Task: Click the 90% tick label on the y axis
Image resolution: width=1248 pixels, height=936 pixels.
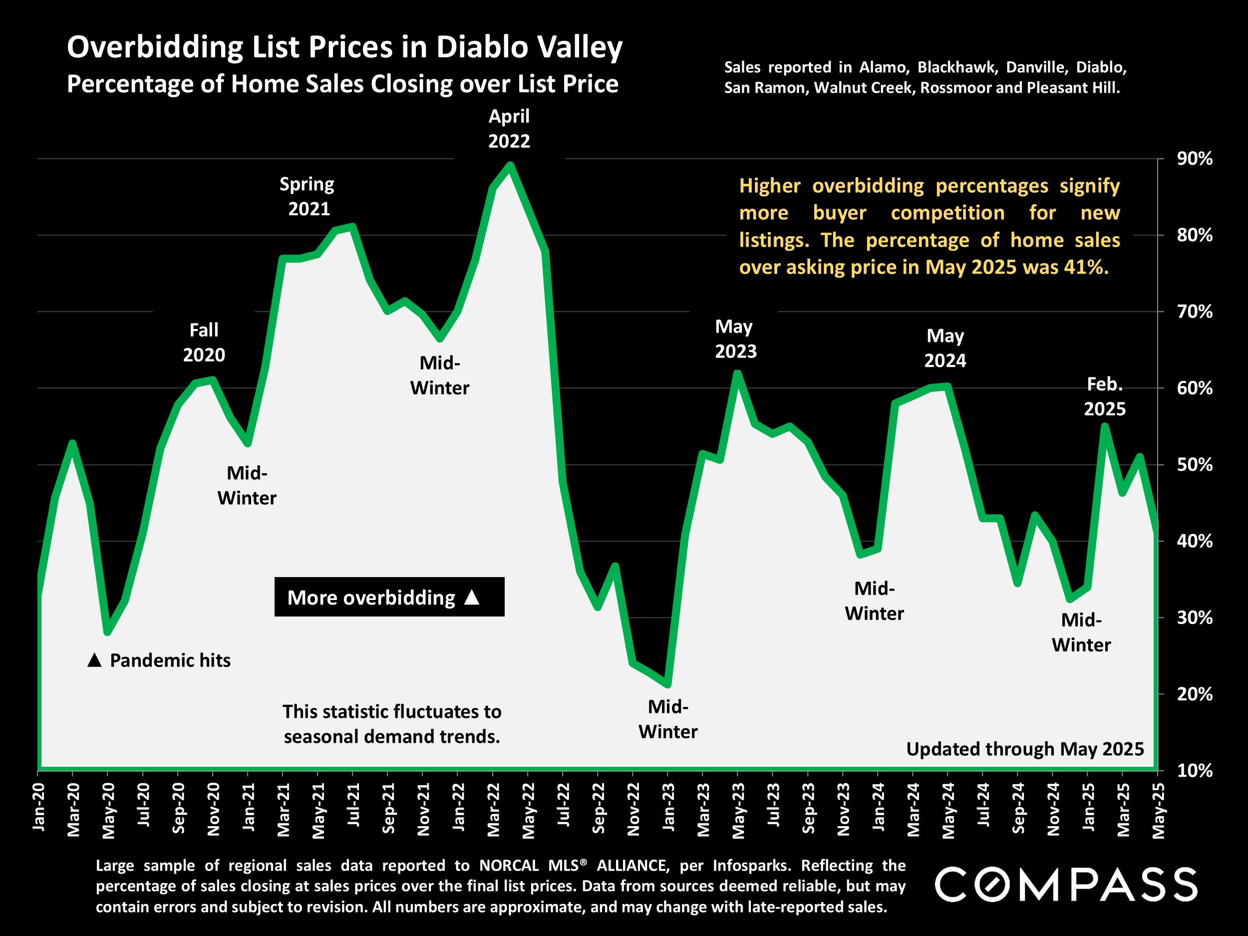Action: (x=1194, y=159)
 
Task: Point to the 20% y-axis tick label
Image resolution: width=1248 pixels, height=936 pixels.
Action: (x=1194, y=694)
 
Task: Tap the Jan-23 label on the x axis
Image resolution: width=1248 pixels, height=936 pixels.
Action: (x=668, y=807)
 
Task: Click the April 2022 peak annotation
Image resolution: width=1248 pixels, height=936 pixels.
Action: (x=509, y=129)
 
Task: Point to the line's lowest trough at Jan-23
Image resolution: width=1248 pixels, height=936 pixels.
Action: (x=668, y=684)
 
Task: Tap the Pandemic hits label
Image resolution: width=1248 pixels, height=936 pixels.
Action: (x=170, y=660)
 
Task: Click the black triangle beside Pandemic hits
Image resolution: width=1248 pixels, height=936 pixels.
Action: (x=95, y=660)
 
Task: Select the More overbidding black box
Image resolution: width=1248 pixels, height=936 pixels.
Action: (x=389, y=597)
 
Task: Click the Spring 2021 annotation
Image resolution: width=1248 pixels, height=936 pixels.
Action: (x=308, y=196)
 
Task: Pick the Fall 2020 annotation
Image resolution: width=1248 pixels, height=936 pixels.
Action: (x=204, y=342)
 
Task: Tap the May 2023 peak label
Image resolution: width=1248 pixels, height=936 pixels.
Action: (x=735, y=339)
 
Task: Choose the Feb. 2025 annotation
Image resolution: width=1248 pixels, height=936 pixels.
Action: (x=1104, y=397)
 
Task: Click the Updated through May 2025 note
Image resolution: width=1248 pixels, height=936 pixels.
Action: (x=1024, y=749)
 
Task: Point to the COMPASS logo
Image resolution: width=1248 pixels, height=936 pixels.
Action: (x=1066, y=885)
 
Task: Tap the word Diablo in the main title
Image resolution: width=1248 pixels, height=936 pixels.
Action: (x=484, y=47)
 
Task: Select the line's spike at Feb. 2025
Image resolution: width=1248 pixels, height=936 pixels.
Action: (x=1105, y=426)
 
